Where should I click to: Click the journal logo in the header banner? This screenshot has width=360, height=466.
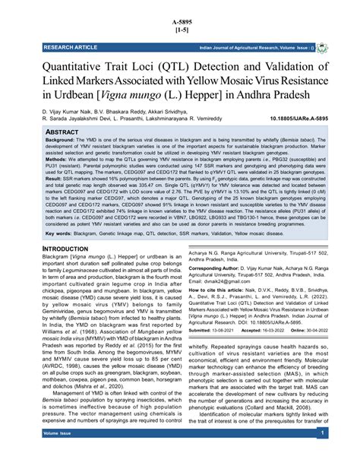(322, 47)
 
